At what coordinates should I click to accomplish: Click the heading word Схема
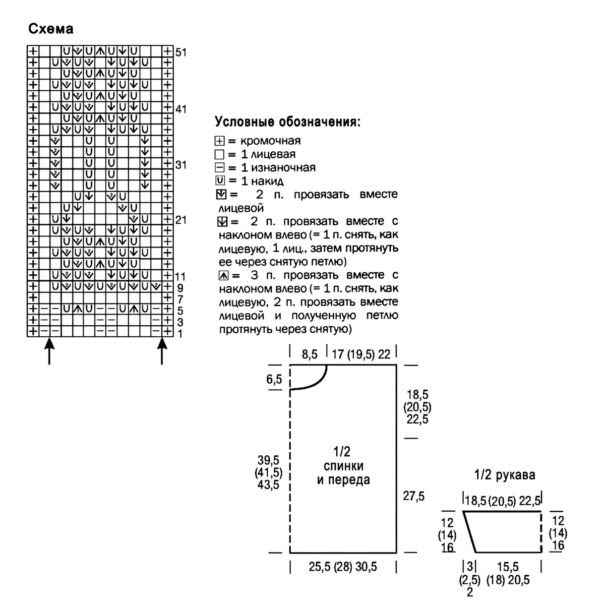[51, 29]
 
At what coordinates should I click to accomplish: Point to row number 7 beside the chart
[179, 299]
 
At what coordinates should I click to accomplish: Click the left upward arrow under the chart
[49, 351]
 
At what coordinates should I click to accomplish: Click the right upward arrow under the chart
[162, 351]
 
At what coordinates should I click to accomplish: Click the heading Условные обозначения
[287, 123]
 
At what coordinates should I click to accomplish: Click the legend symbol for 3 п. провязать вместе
[224, 275]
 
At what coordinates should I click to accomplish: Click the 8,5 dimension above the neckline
[310, 354]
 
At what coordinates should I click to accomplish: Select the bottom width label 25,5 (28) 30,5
[343, 567]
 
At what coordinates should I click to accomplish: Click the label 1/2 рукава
[505, 475]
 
